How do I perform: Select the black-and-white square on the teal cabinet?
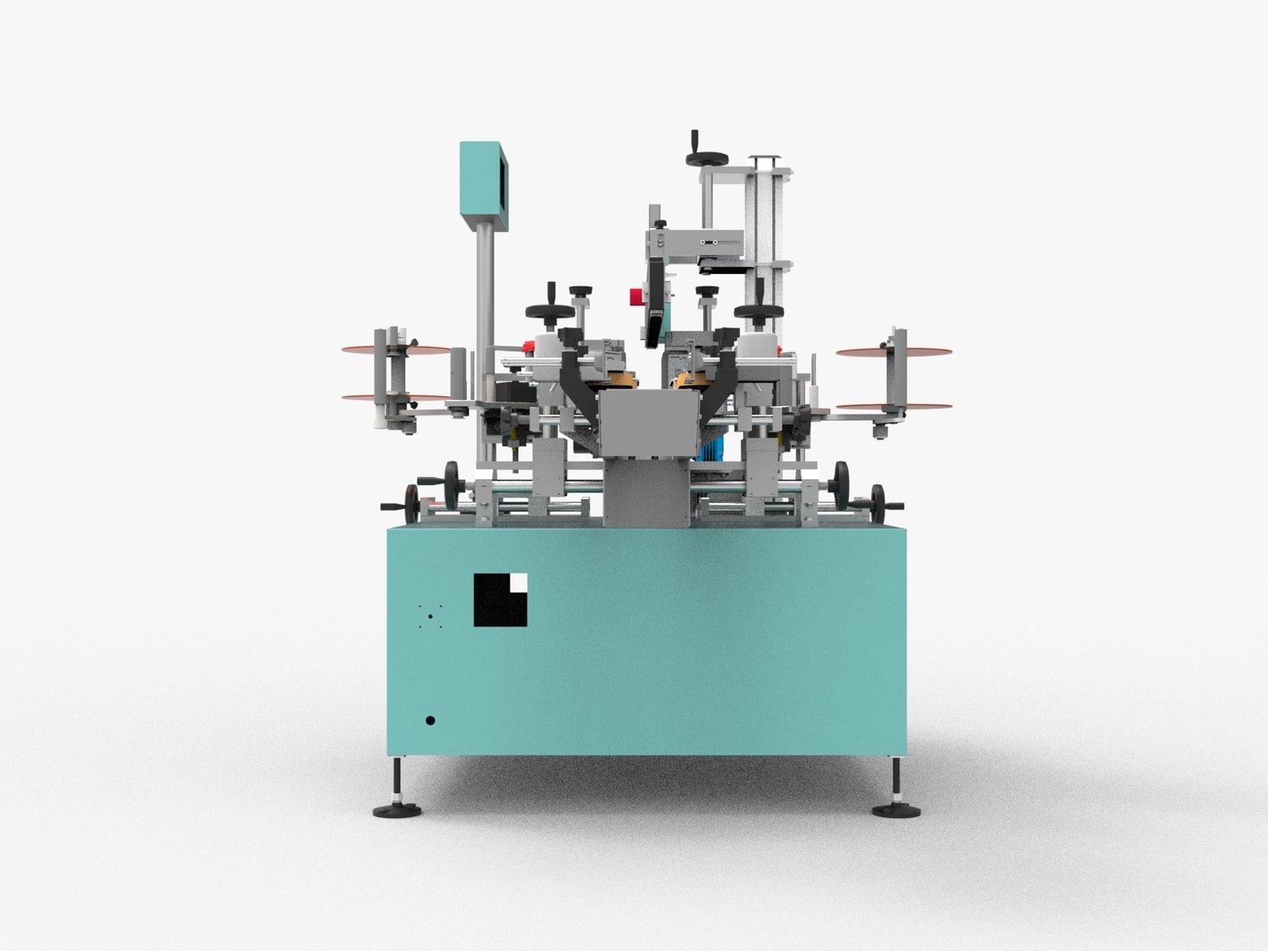(500, 600)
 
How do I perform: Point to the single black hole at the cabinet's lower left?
(430, 720)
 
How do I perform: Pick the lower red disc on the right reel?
(894, 407)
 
